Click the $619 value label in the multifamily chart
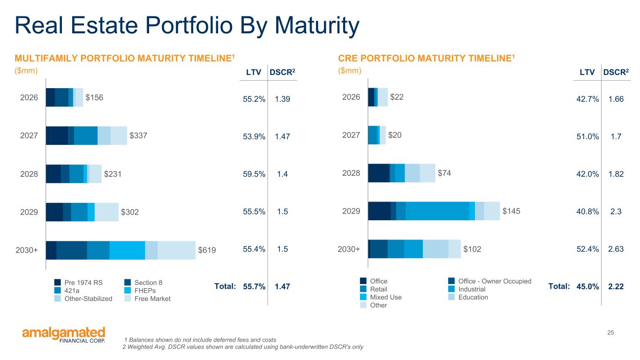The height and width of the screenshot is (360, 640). click(207, 250)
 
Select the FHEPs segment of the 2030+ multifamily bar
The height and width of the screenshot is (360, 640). click(127, 250)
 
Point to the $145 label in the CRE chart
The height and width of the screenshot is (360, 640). click(512, 211)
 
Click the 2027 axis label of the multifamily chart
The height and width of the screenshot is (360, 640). click(29, 136)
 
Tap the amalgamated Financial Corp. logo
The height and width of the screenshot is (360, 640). click(64, 335)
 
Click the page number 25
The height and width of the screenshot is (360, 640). click(610, 333)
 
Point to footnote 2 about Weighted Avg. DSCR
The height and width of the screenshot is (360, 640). click(242, 347)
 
